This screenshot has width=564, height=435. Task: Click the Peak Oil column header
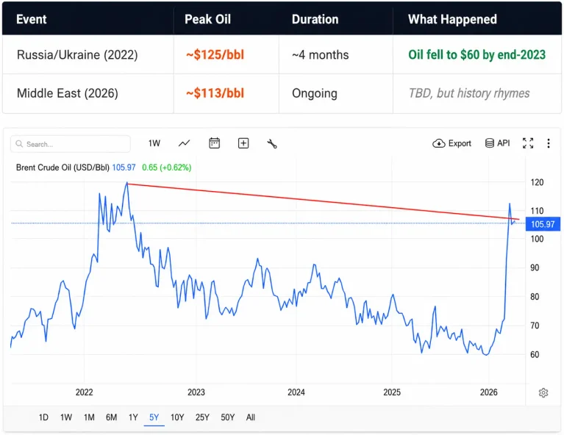pos(207,19)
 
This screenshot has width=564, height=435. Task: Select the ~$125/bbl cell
pos(215,54)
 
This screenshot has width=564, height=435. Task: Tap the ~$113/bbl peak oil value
pos(215,93)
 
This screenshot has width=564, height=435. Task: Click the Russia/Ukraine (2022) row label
pos(77,54)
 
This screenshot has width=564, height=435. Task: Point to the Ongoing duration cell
pos(315,93)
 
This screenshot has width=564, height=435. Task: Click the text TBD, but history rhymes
pos(469,93)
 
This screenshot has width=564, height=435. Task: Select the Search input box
pos(71,144)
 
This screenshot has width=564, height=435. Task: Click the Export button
pos(451,143)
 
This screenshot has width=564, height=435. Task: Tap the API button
pos(498,143)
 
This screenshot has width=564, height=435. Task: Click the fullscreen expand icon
pos(528,143)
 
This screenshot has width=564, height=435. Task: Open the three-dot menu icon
pos(548,143)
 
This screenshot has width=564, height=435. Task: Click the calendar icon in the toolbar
pos(215,143)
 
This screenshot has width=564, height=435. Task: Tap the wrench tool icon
pos(272,143)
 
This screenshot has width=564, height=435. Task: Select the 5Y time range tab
pos(154,417)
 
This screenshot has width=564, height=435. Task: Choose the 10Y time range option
pos(177,417)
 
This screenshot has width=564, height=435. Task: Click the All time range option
pos(251,417)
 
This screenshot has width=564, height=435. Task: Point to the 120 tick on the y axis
pos(537,182)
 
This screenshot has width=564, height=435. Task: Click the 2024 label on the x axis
pos(296,392)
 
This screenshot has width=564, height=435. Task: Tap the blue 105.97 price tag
pos(543,224)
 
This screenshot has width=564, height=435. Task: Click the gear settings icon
pos(543,392)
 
